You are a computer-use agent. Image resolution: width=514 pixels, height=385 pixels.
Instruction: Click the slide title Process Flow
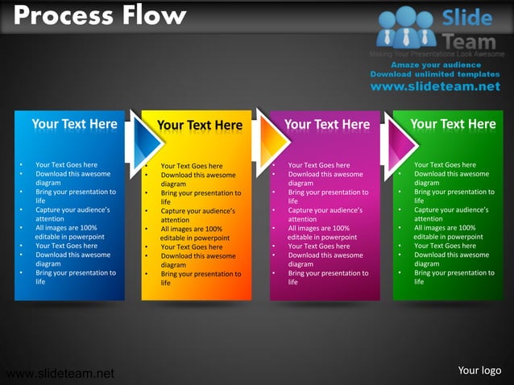click(100, 15)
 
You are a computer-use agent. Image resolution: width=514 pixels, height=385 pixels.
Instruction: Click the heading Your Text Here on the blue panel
click(74, 124)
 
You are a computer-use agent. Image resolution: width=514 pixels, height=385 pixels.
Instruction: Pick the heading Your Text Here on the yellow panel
click(199, 125)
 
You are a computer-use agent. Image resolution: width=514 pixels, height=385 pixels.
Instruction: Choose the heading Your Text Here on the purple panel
click(327, 125)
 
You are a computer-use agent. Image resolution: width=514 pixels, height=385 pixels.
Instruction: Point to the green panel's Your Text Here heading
click(453, 124)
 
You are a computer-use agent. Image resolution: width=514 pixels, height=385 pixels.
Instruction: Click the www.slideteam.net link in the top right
click(435, 87)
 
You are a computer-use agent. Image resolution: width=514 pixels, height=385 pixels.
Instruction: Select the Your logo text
click(479, 371)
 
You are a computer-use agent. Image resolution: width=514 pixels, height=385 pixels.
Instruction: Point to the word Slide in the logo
click(466, 17)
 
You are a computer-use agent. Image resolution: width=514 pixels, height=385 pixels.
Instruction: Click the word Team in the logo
click(469, 39)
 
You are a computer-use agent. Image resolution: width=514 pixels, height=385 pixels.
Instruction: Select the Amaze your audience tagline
click(436, 64)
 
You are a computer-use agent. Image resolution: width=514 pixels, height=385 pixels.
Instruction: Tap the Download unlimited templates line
click(435, 74)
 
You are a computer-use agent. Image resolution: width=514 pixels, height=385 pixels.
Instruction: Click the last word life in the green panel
click(419, 282)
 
